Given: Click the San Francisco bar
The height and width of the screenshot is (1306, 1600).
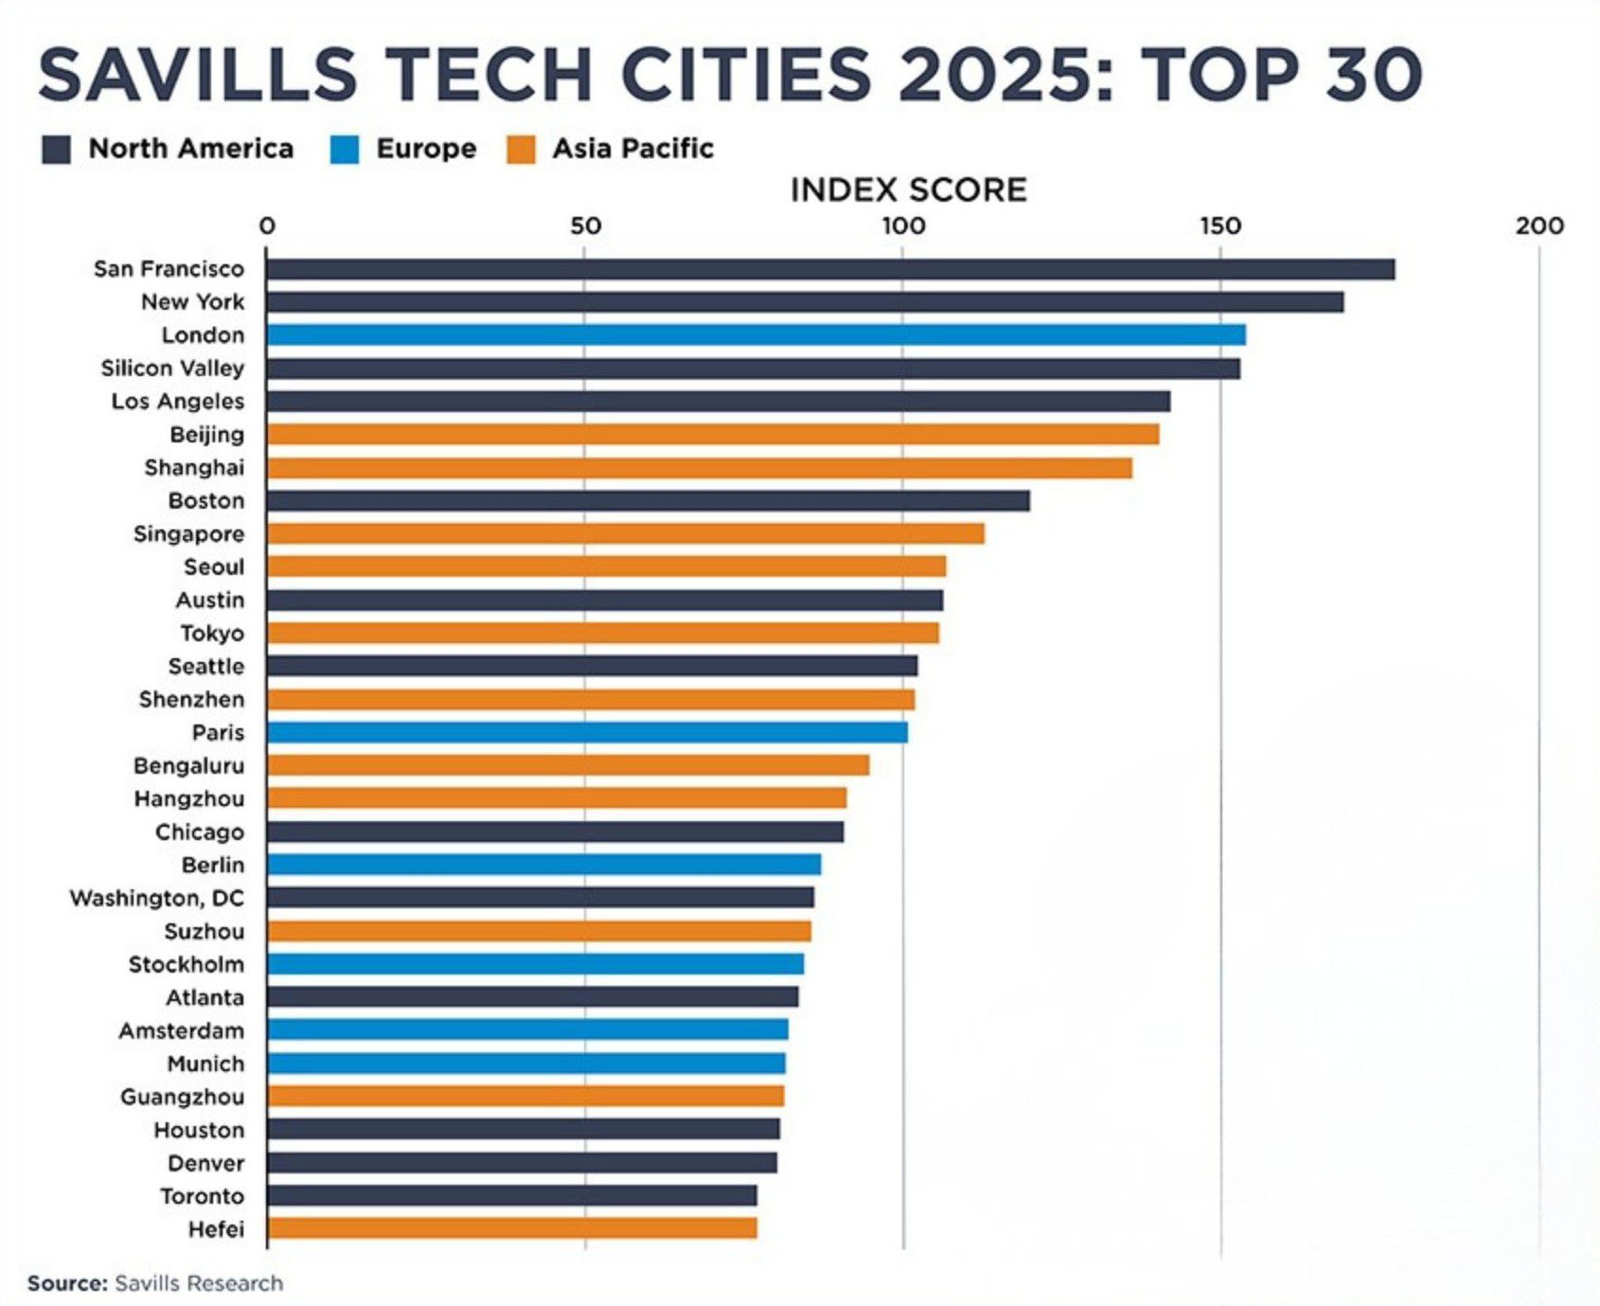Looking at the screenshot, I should [x=829, y=269].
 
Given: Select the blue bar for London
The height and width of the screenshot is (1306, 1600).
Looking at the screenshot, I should [x=755, y=335].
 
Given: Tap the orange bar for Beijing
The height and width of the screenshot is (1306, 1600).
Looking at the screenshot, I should [x=712, y=435].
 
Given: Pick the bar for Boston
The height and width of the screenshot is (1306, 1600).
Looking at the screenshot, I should [x=648, y=501].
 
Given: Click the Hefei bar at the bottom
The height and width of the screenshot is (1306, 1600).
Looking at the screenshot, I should [x=511, y=1228].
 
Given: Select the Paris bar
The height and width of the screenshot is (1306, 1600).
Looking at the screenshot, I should [x=587, y=732].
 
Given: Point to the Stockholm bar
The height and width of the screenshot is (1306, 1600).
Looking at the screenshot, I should [x=535, y=964].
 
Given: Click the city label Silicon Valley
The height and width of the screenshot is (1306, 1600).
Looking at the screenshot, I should [x=172, y=368].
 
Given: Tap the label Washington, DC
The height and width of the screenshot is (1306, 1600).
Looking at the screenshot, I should [x=156, y=898].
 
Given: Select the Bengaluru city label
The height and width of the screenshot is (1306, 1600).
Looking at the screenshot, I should [x=188, y=765].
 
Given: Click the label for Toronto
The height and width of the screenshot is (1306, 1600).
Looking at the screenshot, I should [x=202, y=1196].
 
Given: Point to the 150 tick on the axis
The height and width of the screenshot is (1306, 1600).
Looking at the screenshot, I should [x=1220, y=226].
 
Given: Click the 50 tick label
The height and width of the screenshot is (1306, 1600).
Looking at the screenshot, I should [x=585, y=226].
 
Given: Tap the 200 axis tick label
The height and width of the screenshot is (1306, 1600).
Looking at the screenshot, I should [x=1538, y=226].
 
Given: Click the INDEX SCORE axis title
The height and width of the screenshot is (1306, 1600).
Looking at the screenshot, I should [x=908, y=190].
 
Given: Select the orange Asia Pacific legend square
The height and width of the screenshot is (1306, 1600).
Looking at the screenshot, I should [x=521, y=150].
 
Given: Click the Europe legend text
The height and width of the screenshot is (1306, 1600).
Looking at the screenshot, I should [x=426, y=149].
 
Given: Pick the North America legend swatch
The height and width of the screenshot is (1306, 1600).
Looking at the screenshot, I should [x=57, y=150].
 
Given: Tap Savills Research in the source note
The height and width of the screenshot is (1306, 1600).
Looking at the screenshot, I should [x=199, y=1283].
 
